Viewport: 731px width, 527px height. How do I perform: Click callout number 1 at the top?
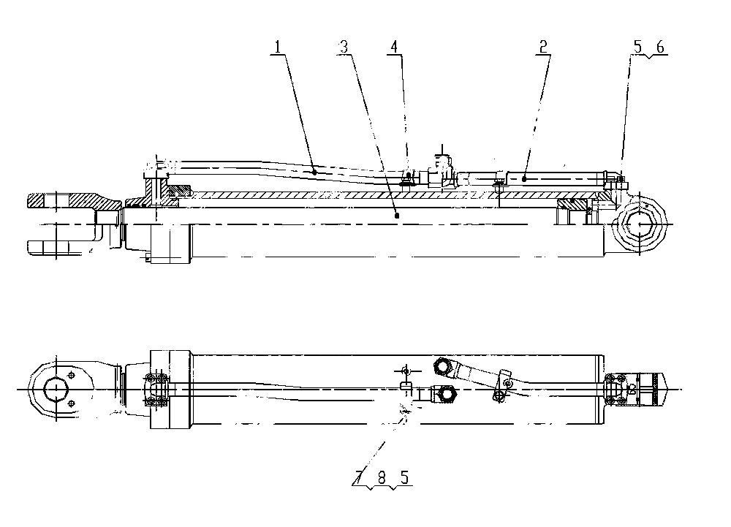pos(278,47)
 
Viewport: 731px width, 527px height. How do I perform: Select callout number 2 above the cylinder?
pos(543,47)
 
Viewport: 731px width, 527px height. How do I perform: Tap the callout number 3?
pos(344,47)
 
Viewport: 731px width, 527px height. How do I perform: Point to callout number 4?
pos(395,47)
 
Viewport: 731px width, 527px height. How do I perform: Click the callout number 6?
pos(660,47)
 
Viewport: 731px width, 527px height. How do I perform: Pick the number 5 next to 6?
pos(637,47)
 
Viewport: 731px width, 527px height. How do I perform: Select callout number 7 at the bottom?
pos(358,477)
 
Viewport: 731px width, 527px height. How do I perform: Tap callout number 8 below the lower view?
pos(382,477)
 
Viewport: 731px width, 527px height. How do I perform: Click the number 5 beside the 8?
pos(404,477)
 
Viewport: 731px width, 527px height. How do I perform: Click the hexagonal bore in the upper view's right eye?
pos(639,224)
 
